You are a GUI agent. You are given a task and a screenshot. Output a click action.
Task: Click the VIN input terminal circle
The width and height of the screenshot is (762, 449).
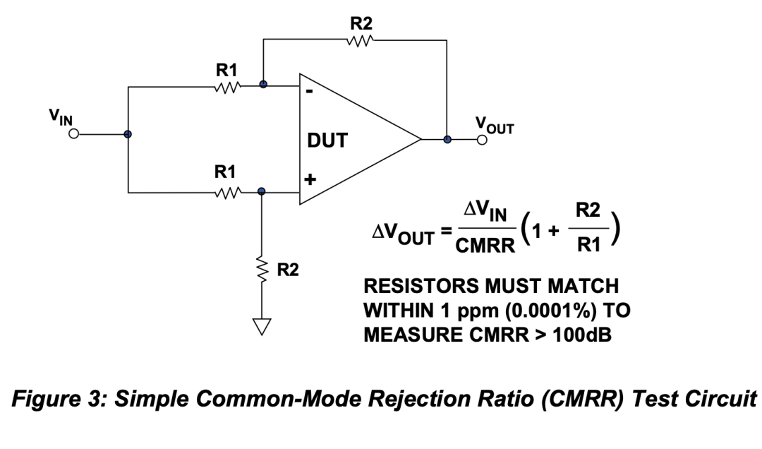(x=73, y=134)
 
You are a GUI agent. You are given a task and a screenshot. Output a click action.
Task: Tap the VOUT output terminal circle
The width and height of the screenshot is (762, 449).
(x=482, y=140)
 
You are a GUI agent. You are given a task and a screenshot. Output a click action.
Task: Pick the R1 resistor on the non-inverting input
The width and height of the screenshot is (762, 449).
(x=227, y=191)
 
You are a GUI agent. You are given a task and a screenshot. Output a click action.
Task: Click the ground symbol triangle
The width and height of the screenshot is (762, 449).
(x=262, y=326)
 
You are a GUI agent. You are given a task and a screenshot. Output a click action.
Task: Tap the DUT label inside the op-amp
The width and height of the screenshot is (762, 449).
(x=327, y=141)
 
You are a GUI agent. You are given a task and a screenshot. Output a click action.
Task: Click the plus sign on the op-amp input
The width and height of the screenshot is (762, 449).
(x=309, y=179)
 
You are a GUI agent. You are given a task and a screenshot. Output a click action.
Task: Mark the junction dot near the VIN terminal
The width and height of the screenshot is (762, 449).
(x=128, y=134)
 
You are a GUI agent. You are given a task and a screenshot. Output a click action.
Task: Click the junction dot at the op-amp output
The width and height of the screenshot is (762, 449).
(x=447, y=140)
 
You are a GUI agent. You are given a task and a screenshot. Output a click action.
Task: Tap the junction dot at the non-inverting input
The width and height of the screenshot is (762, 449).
(x=262, y=191)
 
